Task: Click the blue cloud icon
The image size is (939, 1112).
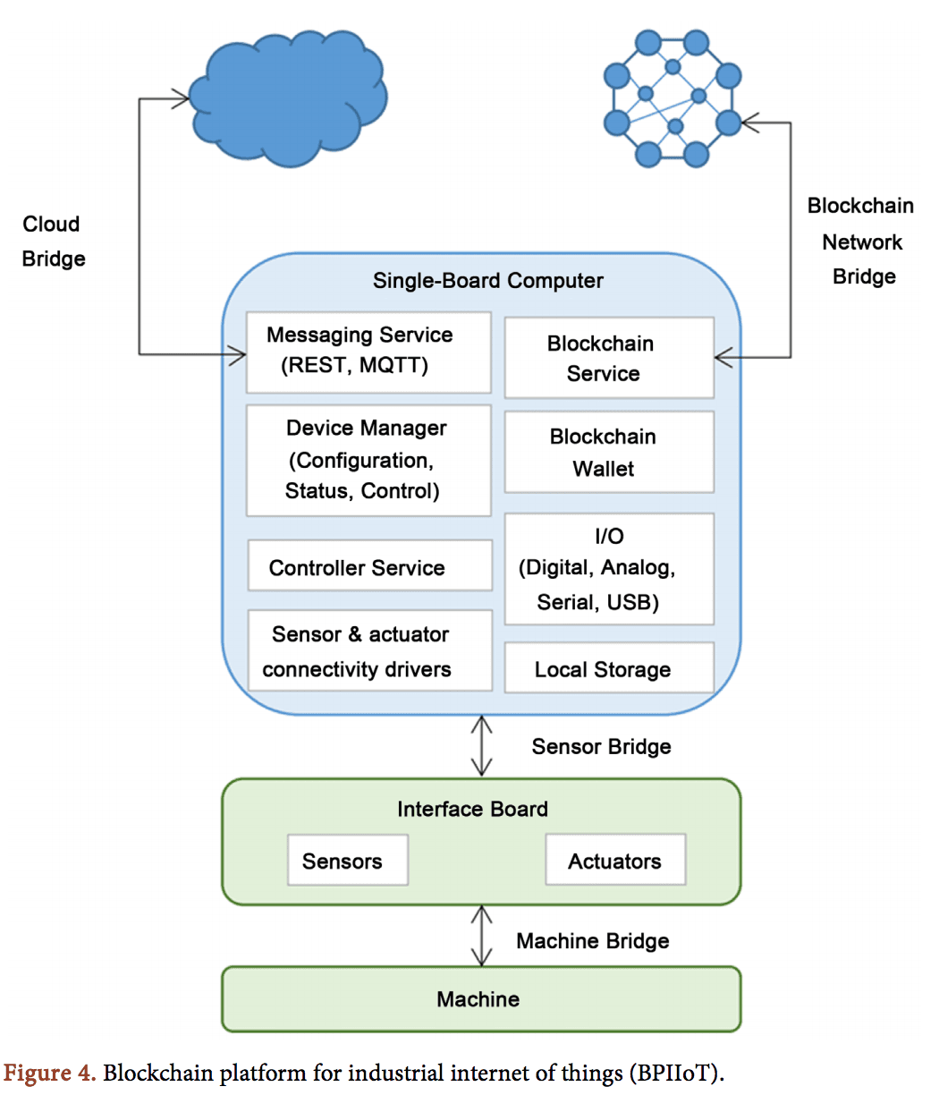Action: click(288, 98)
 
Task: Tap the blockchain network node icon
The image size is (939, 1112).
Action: click(673, 98)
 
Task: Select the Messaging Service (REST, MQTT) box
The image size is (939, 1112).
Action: click(368, 352)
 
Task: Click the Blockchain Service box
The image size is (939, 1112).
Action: click(608, 358)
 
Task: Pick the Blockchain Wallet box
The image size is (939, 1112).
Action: click(608, 452)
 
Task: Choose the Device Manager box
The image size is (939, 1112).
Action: click(368, 460)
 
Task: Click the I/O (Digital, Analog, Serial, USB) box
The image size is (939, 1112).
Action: click(608, 569)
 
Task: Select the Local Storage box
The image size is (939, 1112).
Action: click(608, 668)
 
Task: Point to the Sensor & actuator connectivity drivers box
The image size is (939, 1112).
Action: click(368, 651)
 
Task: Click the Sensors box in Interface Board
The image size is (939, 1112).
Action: click(347, 861)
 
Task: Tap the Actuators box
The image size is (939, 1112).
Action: click(615, 861)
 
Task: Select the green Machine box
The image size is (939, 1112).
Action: click(480, 999)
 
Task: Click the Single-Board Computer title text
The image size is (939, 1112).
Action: click(487, 281)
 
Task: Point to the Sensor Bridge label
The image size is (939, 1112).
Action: click(601, 747)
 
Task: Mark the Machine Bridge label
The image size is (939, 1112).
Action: click(592, 941)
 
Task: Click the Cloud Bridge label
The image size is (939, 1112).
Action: click(53, 242)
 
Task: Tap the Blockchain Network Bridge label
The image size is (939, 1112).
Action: click(861, 242)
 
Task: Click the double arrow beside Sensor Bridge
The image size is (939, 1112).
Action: click(482, 746)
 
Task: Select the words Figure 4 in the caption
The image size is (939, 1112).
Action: click(49, 1074)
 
